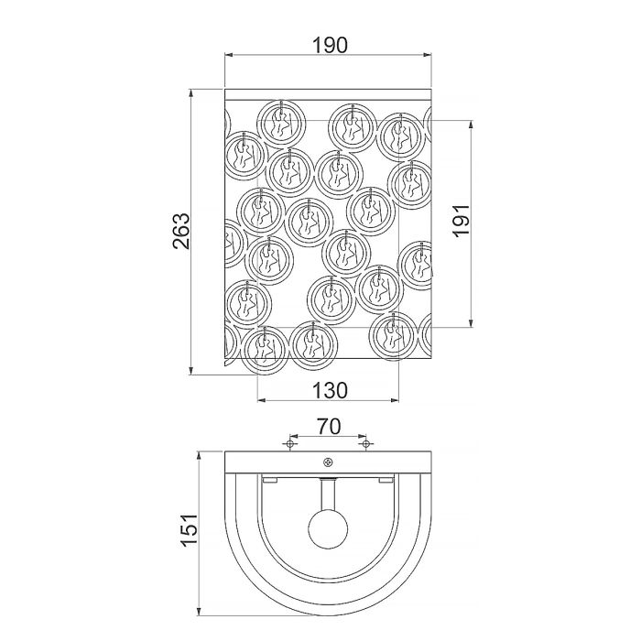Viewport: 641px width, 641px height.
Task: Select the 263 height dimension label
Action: tap(180, 231)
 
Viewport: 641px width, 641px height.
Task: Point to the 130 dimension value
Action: tap(329, 390)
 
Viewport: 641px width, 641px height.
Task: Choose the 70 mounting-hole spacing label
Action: tap(329, 426)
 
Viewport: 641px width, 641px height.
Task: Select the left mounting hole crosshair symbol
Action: tap(289, 445)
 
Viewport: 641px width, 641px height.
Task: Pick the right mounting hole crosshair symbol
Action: tap(365, 445)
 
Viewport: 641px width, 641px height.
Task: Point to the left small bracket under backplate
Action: tap(269, 480)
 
